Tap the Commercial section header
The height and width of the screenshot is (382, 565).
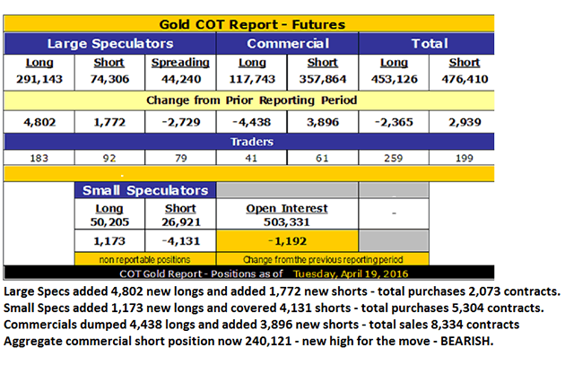(x=287, y=43)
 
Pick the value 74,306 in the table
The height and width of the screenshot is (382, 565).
(x=109, y=79)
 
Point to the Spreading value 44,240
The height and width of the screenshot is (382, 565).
(x=179, y=79)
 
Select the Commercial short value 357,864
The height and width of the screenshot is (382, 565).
(x=323, y=79)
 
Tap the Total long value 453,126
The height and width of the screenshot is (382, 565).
(x=395, y=79)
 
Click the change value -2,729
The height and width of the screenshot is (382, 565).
(x=179, y=121)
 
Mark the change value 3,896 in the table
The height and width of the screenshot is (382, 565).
(x=323, y=121)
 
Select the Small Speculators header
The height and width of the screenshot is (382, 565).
(x=144, y=190)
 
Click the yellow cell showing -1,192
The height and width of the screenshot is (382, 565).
(x=287, y=240)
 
